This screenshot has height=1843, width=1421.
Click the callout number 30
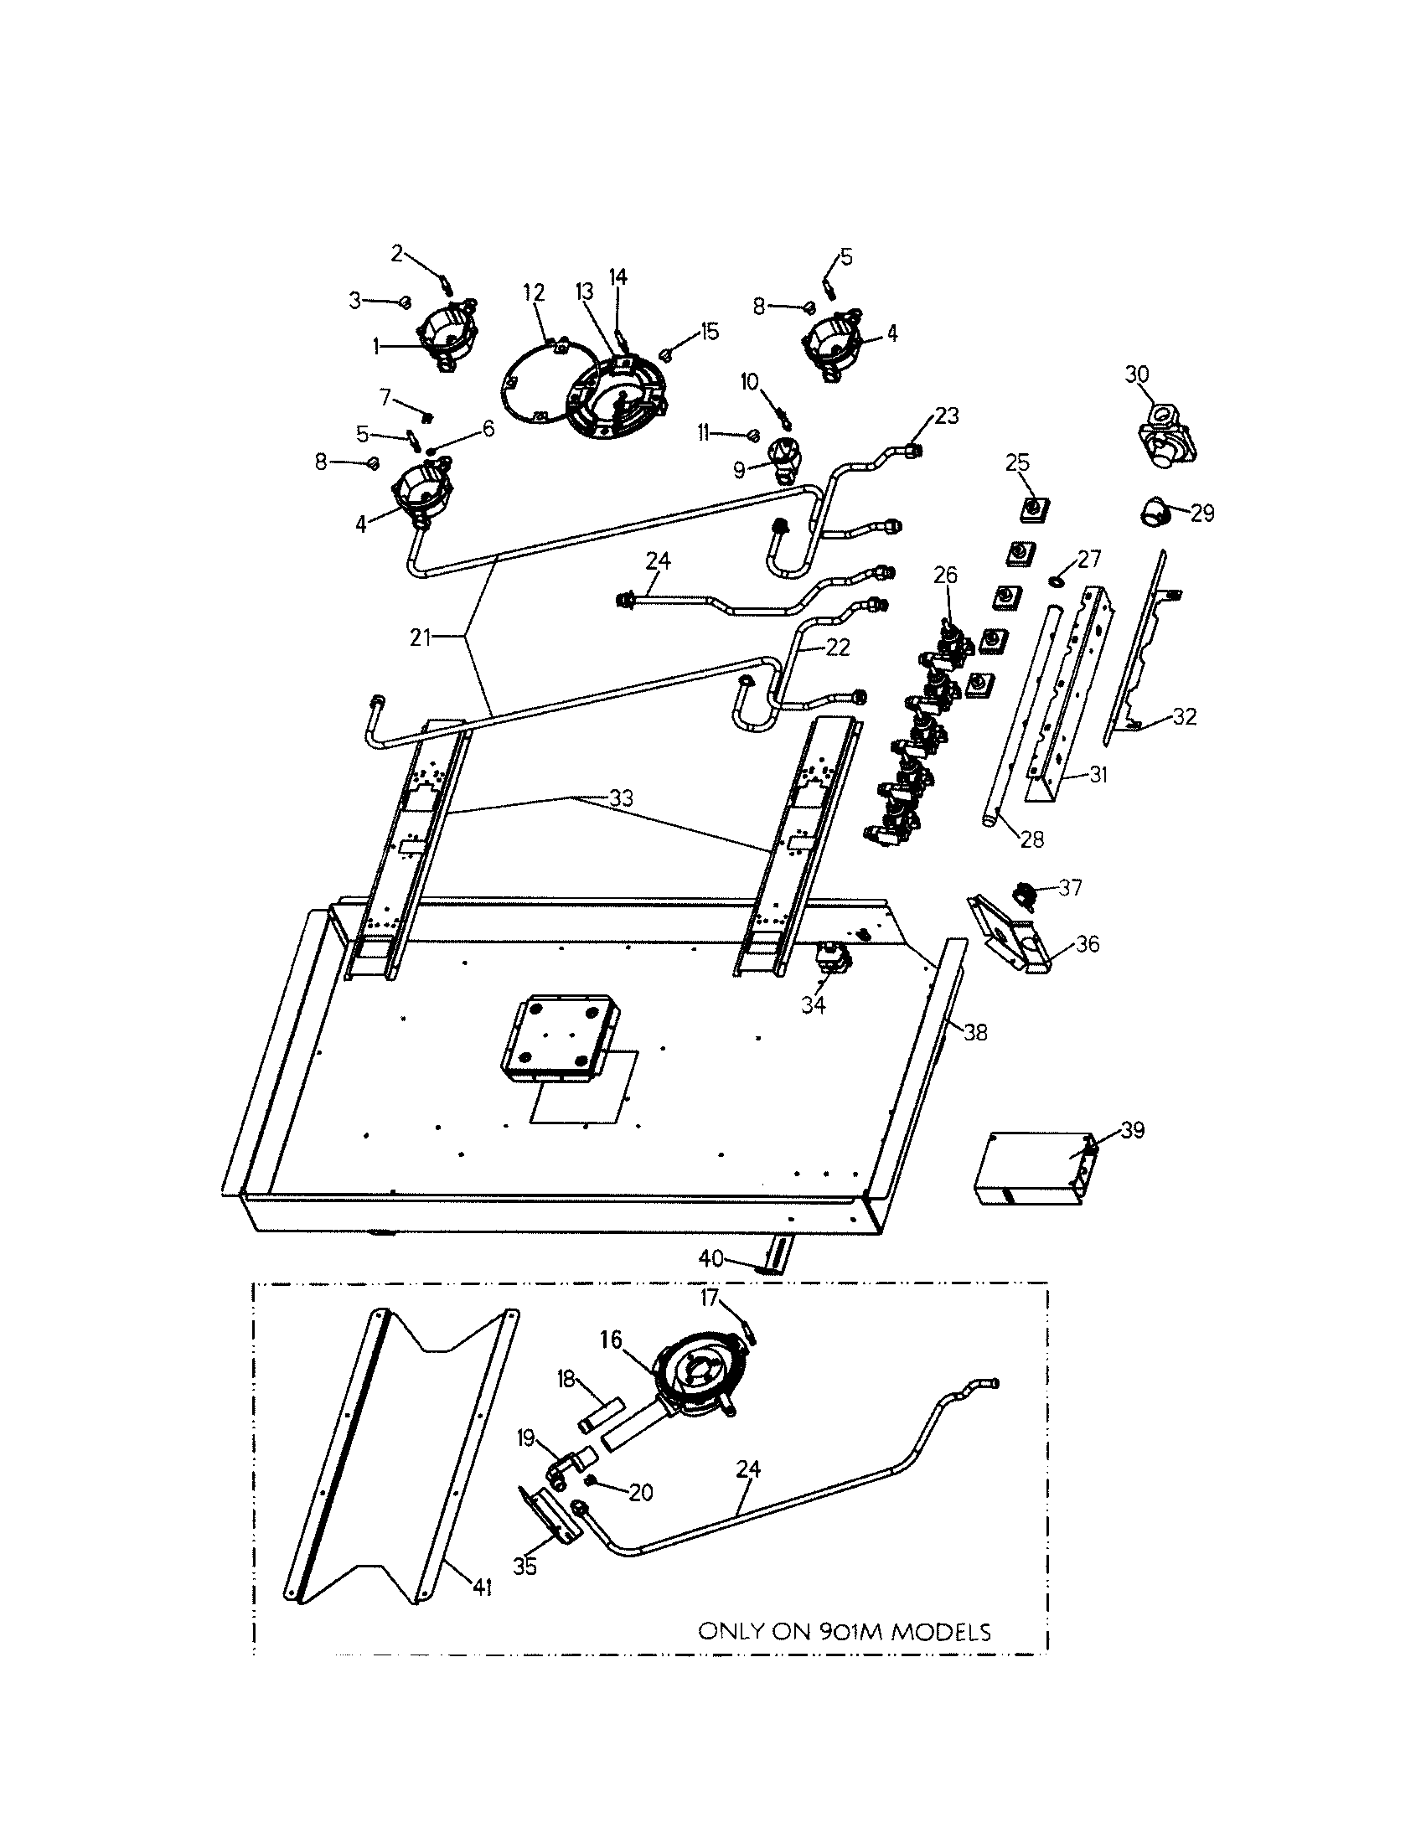tap(1138, 374)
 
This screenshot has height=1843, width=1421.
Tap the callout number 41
tap(482, 1588)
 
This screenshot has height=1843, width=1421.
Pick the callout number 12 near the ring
tap(535, 293)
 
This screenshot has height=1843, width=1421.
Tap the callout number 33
tap(621, 798)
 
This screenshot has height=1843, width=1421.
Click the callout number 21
tap(421, 638)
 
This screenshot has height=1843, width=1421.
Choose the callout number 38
tap(975, 1032)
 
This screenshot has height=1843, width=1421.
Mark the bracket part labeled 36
tap(1012, 937)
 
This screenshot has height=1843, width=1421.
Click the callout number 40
tap(711, 1282)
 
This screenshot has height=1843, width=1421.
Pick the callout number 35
tap(524, 1567)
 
